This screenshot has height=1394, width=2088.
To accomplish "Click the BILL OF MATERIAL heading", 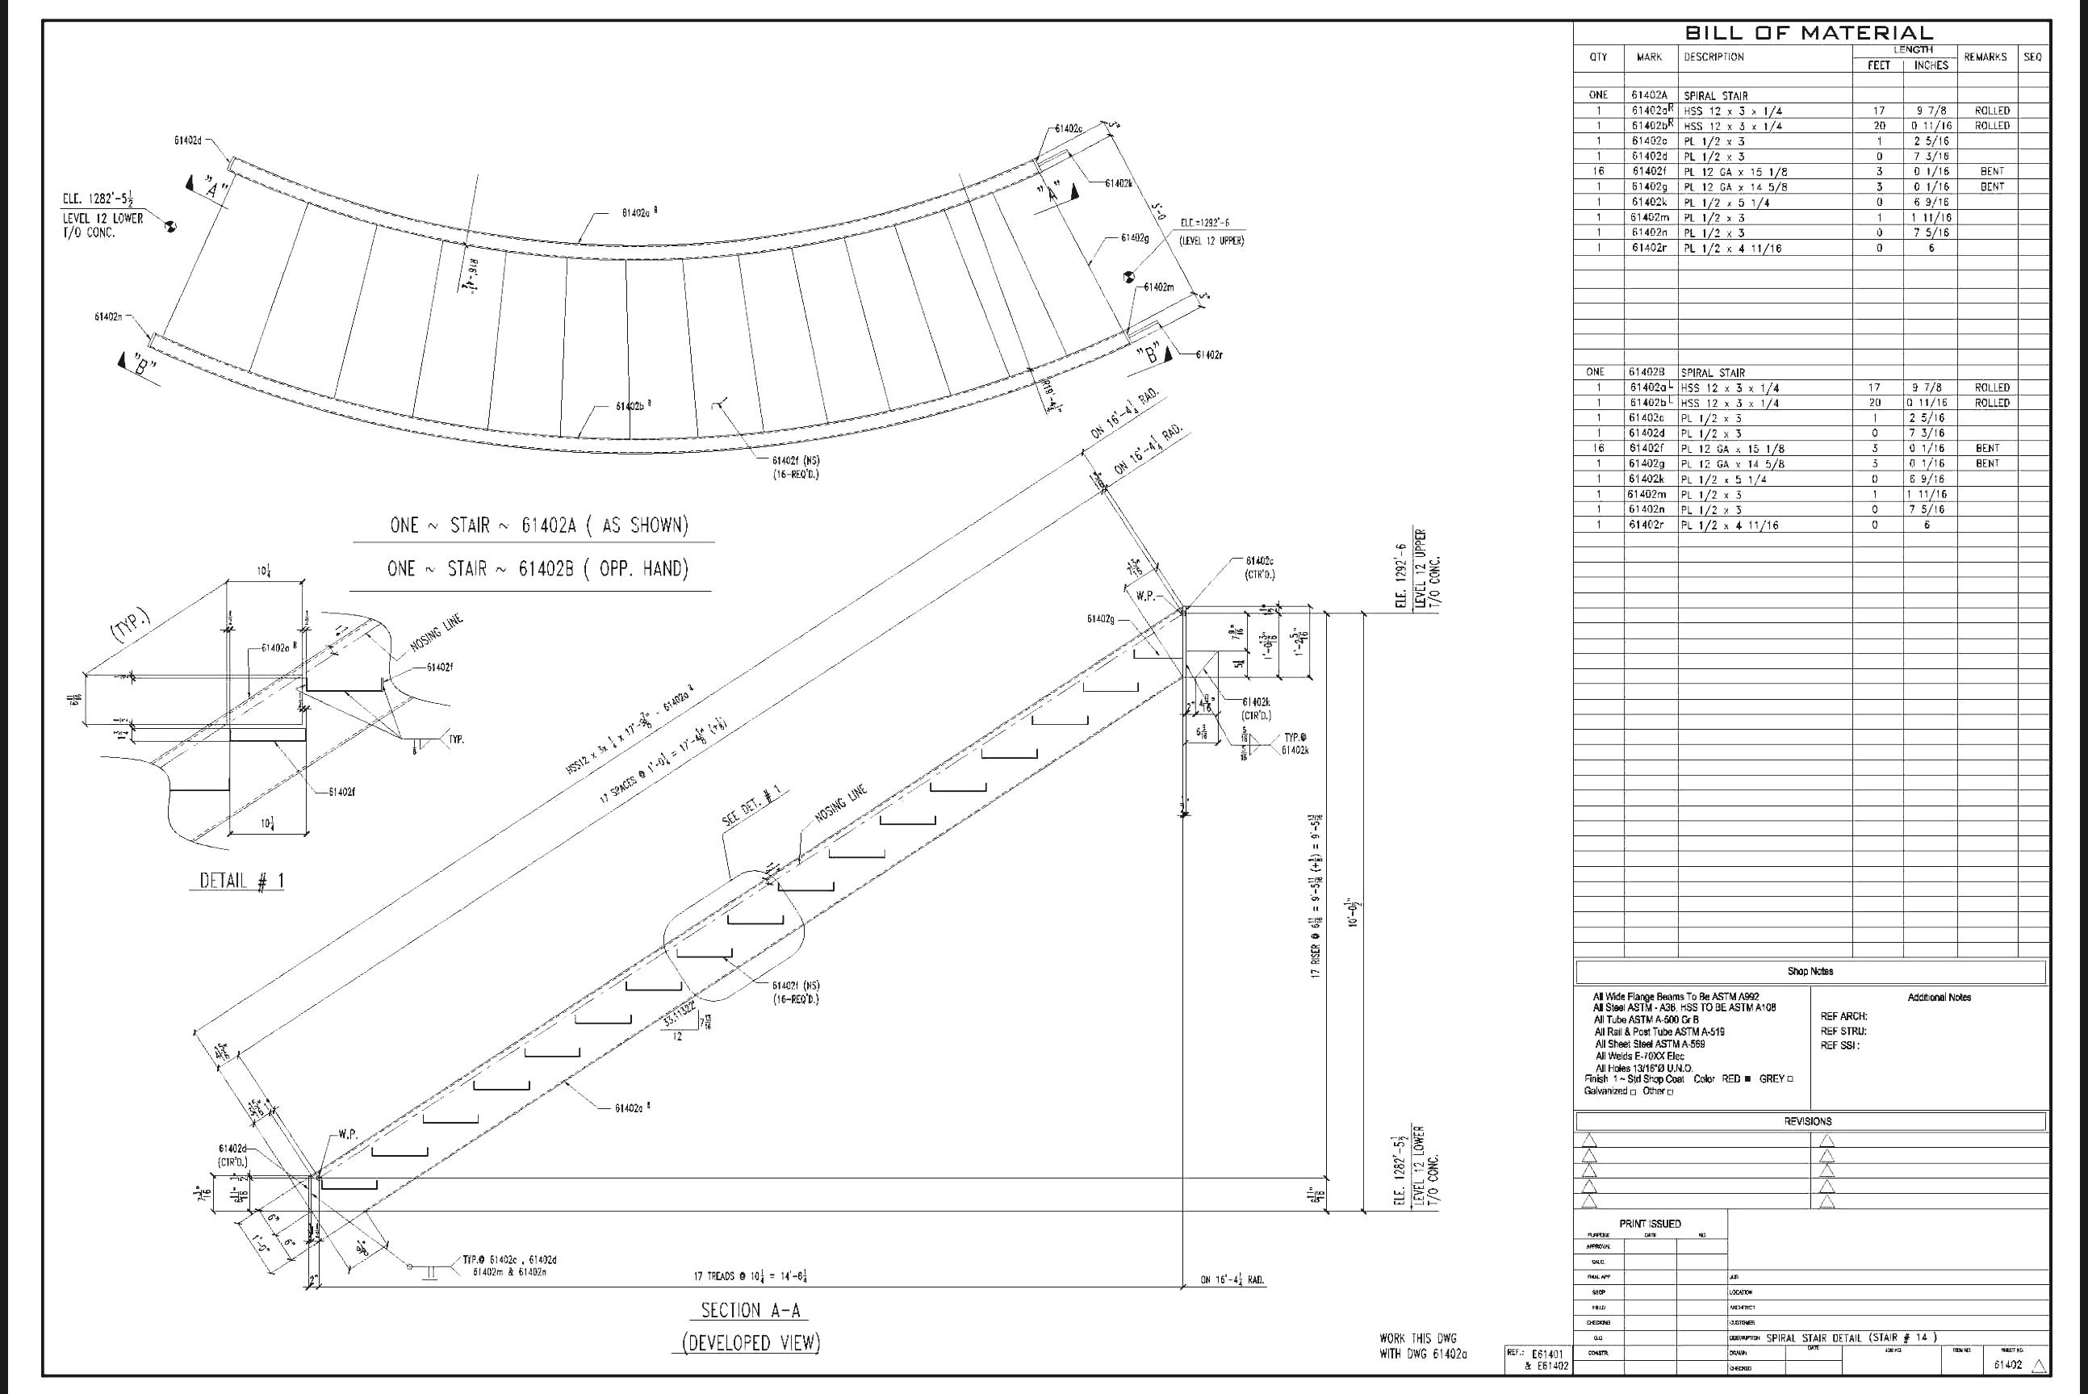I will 1808,33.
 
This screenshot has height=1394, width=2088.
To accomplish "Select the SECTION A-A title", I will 749,1309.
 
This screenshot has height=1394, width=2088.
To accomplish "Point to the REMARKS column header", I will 1985,57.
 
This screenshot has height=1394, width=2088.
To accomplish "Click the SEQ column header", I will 2032,57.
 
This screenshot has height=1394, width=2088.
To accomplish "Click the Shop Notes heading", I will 1810,971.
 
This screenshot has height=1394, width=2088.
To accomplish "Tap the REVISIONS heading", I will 1807,1121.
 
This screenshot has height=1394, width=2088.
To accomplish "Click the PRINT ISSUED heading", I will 1650,1224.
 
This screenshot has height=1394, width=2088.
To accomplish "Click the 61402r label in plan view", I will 1208,354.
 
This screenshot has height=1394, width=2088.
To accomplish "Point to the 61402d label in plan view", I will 187,140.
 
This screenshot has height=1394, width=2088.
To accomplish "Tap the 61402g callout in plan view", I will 1134,238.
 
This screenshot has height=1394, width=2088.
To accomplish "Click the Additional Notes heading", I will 1939,998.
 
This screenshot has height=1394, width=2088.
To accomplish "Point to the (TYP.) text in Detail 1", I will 130,625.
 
